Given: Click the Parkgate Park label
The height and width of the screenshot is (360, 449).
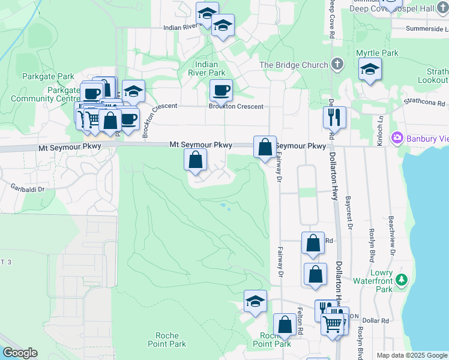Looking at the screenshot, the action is click(48, 76).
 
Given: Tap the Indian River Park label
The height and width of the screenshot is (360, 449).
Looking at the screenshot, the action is click(210, 68).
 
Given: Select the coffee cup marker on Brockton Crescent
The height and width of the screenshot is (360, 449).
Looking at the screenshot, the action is click(221, 91).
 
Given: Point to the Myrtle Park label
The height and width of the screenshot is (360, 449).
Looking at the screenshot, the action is click(377, 53).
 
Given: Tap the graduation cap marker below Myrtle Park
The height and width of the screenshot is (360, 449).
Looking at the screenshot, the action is click(370, 70).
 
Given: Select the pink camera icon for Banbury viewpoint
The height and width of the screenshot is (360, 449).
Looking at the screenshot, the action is click(397, 139).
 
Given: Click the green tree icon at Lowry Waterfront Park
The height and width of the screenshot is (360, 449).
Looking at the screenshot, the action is click(402, 280).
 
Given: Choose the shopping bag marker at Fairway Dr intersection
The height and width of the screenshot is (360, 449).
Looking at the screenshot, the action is click(265, 146).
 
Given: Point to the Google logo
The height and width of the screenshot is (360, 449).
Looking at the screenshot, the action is click(20, 353).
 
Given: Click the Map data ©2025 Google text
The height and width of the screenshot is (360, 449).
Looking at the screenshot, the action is click(411, 355).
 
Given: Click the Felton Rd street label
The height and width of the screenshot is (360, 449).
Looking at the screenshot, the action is click(300, 322).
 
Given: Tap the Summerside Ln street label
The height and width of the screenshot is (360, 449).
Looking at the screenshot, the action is click(427, 28).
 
